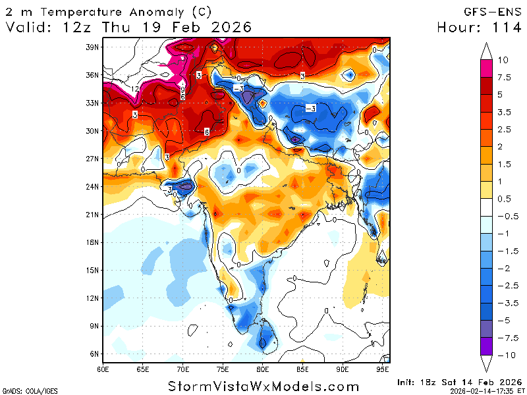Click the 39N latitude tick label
coord(92,47)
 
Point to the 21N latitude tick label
coord(92,215)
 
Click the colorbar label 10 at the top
coord(503,60)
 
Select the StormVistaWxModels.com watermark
coord(263,386)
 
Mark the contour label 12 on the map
coord(134,89)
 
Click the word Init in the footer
coord(409,382)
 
